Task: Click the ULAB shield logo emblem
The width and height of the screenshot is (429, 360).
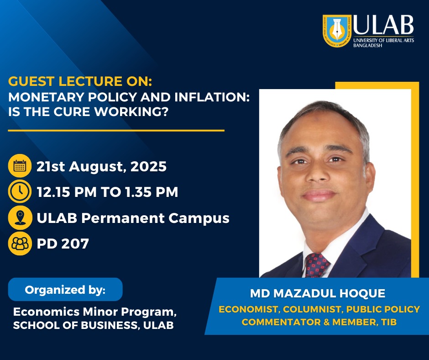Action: pyautogui.click(x=337, y=31)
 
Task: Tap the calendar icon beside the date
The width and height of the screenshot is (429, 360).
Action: pyautogui.click(x=20, y=166)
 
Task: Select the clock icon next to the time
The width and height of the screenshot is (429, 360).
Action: pyautogui.click(x=20, y=191)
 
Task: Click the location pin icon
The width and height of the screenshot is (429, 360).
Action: pyautogui.click(x=20, y=218)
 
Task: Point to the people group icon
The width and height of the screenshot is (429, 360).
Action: pyautogui.click(x=20, y=244)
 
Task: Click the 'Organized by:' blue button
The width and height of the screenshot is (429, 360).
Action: pyautogui.click(x=65, y=290)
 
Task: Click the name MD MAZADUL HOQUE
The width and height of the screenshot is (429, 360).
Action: pyautogui.click(x=318, y=293)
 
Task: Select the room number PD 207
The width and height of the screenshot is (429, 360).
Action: pyautogui.click(x=63, y=244)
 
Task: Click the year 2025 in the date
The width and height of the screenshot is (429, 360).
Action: pyautogui.click(x=149, y=166)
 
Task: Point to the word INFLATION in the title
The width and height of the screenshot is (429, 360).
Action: pyautogui.click(x=212, y=97)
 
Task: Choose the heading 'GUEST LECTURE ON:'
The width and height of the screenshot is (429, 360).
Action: pyautogui.click(x=80, y=81)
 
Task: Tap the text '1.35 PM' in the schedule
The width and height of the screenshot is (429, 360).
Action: pyautogui.click(x=152, y=192)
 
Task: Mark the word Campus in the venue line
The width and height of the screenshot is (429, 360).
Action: pyautogui.click(x=199, y=218)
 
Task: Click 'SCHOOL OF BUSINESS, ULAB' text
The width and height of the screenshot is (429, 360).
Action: pyautogui.click(x=93, y=325)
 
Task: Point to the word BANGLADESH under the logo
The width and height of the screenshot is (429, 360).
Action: pyautogui.click(x=367, y=46)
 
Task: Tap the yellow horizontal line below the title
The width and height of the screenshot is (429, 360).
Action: pyautogui.click(x=116, y=131)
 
